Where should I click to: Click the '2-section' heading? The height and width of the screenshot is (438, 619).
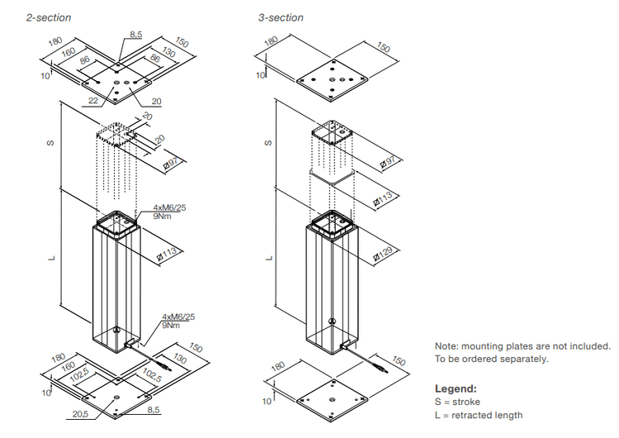point(49,17)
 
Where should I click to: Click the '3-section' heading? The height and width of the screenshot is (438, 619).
point(281,17)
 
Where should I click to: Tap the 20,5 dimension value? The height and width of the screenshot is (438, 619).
point(81,413)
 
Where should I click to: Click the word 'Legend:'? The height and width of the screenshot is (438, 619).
point(456,388)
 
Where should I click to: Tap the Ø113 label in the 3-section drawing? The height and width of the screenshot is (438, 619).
point(383,198)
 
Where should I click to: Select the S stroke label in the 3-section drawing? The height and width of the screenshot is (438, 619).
point(267,142)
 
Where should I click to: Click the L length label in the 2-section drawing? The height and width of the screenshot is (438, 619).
point(51,257)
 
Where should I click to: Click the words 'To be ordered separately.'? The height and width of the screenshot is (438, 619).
point(491,359)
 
